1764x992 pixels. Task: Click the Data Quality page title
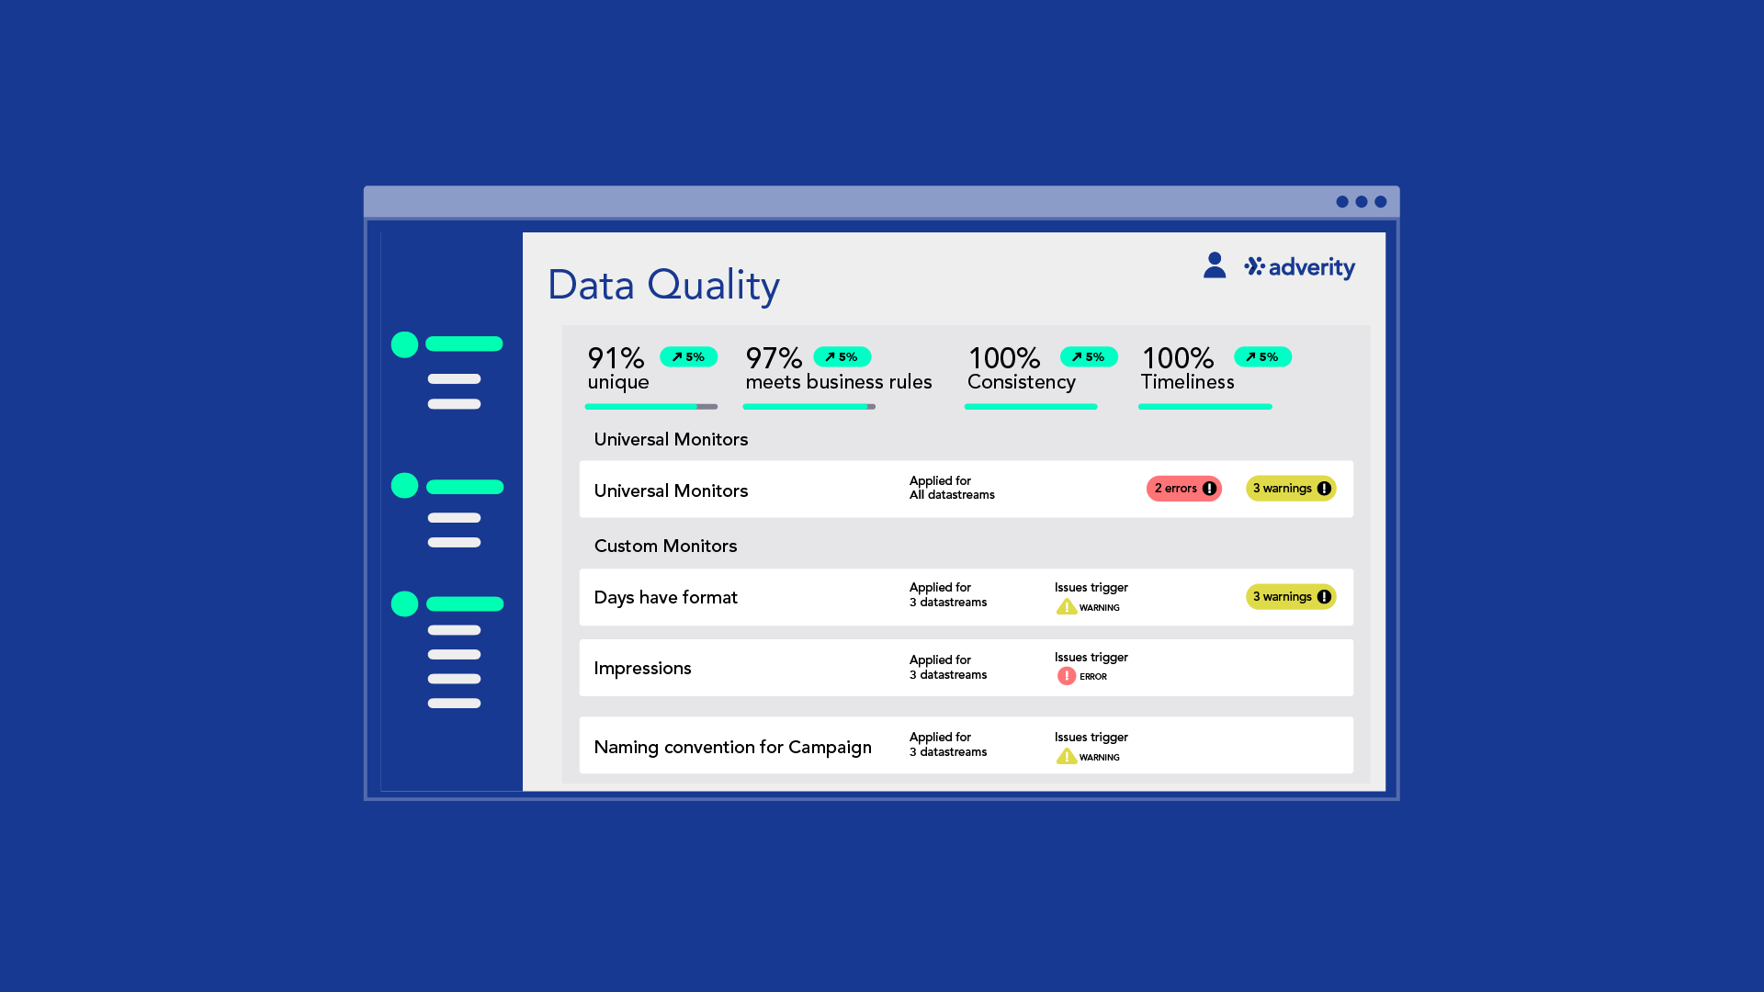point(663,286)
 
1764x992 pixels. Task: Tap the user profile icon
point(1215,265)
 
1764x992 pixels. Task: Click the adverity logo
point(1299,267)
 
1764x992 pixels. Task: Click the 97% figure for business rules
point(774,357)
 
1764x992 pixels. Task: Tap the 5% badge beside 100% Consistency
point(1089,356)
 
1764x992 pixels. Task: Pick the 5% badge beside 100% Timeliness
point(1262,356)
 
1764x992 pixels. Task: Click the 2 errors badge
point(1184,489)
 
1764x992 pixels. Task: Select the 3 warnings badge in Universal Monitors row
point(1291,489)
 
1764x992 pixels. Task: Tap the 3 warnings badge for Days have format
point(1291,597)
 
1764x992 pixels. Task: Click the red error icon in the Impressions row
point(1067,676)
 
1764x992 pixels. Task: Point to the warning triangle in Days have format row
point(1067,607)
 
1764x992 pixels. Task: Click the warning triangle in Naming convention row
point(1067,756)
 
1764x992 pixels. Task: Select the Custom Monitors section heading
point(665,546)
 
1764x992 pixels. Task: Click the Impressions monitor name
point(642,669)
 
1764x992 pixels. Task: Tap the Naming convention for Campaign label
point(732,747)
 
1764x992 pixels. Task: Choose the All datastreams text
point(952,495)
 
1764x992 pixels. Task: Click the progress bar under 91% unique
point(651,406)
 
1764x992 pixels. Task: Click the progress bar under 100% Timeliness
point(1205,406)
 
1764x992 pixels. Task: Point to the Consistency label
point(1022,382)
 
